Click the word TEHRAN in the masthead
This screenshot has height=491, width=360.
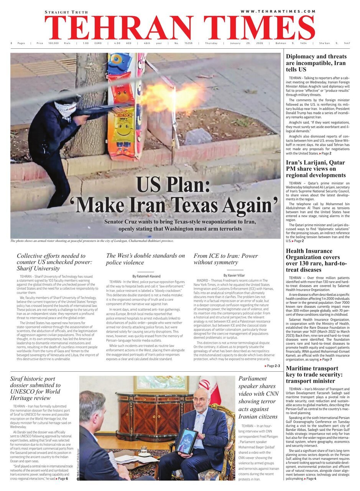[117, 28]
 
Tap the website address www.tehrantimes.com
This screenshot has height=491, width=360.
[278, 12]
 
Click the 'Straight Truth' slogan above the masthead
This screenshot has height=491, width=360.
[66, 12]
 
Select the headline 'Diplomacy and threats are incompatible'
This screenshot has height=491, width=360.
[316, 63]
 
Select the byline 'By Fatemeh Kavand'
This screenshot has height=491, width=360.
[146, 276]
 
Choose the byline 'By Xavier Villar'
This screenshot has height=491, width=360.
[234, 275]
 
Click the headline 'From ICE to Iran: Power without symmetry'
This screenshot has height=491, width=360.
[225, 259]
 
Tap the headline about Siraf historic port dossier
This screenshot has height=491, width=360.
[35, 388]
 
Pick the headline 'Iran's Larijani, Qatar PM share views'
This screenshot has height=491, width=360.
[316, 169]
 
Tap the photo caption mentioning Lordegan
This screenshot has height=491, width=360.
[92, 241]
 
